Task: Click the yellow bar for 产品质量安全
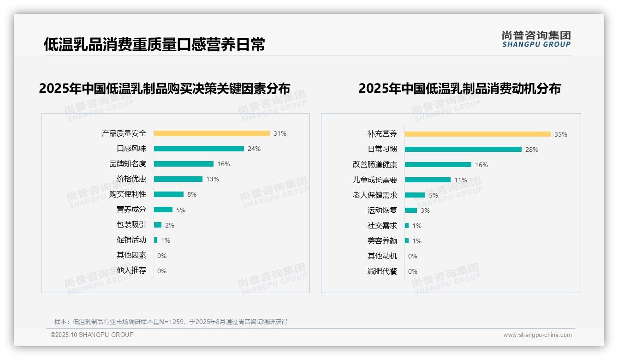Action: pos(212,133)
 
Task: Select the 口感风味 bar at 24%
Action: pos(199,149)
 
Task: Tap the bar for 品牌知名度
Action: pos(184,164)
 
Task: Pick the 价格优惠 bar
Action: pos(178,179)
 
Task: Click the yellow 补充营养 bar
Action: pos(477,134)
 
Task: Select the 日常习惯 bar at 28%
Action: pos(463,150)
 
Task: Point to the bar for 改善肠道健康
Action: pos(438,165)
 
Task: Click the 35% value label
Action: pos(560,134)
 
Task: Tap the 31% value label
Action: pos(279,133)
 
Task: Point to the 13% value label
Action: pos(212,179)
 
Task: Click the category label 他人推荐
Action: pos(131,270)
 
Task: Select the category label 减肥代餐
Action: pos(382,271)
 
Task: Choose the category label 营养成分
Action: pos(131,210)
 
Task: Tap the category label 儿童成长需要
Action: pos(374,180)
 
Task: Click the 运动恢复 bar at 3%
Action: pos(411,210)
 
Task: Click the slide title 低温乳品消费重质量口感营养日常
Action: pos(154,45)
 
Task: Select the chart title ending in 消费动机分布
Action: pos(459,88)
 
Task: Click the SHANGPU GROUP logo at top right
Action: pos(536,39)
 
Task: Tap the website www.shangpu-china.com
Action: pos(537,335)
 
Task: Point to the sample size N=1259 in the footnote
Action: pos(174,322)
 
